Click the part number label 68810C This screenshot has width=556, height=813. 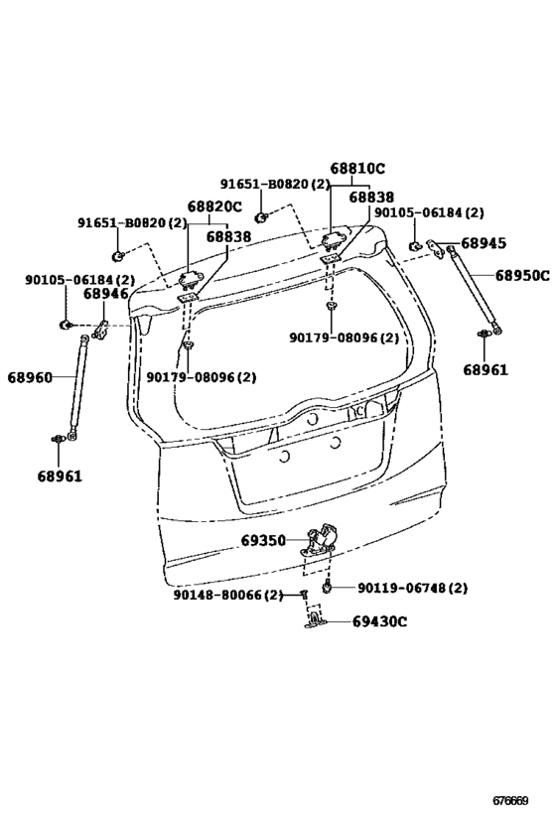(357, 169)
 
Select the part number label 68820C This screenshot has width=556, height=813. (214, 206)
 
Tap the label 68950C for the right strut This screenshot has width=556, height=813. (522, 275)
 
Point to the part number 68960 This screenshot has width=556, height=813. (30, 377)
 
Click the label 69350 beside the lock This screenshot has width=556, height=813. (263, 541)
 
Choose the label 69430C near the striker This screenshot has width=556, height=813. (379, 621)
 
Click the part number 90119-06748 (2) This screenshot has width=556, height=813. (412, 588)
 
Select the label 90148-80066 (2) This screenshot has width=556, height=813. (228, 596)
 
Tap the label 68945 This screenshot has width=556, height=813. (484, 243)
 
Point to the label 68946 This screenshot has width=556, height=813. (106, 294)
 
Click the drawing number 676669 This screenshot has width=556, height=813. (510, 800)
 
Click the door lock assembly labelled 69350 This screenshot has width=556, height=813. (320, 542)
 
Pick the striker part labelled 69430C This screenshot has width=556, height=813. (315, 619)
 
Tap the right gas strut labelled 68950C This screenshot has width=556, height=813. (474, 289)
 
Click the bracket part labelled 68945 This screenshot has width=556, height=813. (435, 248)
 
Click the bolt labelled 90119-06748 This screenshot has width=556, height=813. (327, 587)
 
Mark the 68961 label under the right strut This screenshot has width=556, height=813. (486, 369)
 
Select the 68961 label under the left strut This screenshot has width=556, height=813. (60, 475)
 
